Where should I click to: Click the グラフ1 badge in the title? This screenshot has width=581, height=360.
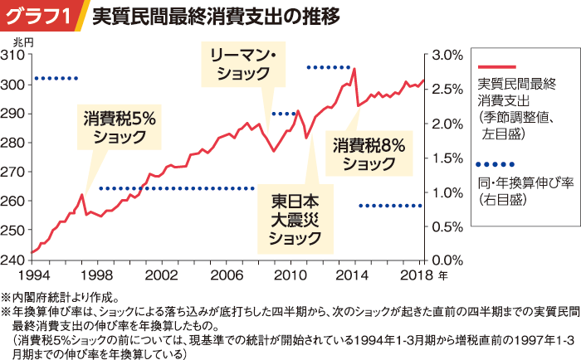[x=39, y=17]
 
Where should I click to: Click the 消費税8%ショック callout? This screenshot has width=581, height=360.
[x=369, y=154]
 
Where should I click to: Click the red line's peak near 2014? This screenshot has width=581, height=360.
[x=354, y=69]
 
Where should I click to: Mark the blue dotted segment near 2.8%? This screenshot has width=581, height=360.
[x=330, y=67]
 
